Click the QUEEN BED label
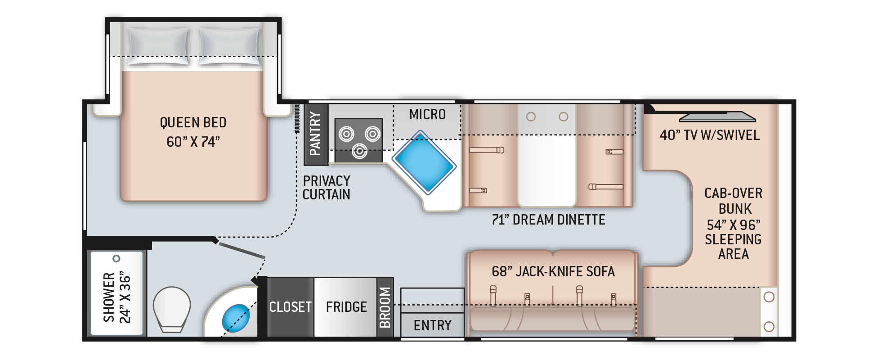tap(193, 122)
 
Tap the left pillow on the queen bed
tap(158, 46)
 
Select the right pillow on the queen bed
tap(230, 46)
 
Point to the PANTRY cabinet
tap(316, 135)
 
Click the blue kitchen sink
tap(424, 162)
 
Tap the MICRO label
tap(427, 114)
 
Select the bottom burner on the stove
tap(359, 151)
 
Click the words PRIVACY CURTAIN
tap(327, 188)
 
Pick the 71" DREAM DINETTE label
tap(548, 220)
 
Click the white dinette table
tap(547, 155)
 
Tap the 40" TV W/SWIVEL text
tap(710, 135)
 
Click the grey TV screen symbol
tap(717, 117)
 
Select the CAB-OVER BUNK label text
tap(734, 201)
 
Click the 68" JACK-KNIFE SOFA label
tap(553, 271)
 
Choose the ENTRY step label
tap(433, 325)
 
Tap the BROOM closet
tap(385, 307)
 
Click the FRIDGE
tap(345, 307)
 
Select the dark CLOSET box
tap(291, 307)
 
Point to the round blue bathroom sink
tap(236, 318)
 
